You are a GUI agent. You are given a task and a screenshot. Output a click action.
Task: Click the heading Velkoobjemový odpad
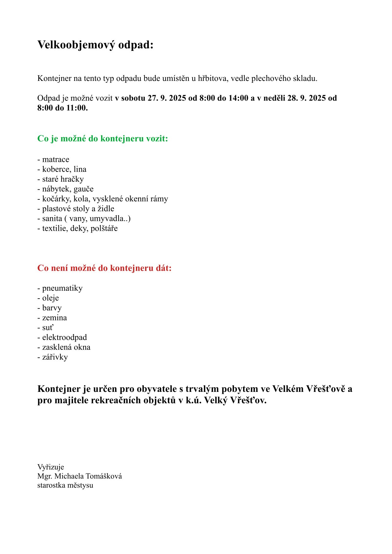click(95, 45)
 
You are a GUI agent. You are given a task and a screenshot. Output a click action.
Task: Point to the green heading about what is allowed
click(102, 138)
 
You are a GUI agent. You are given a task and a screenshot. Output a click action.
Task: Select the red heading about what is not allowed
click(104, 268)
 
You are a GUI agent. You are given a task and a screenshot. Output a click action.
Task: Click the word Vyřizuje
click(51, 467)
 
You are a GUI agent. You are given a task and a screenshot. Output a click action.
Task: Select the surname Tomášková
click(104, 476)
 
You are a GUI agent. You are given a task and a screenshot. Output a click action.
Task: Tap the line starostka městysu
click(65, 485)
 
